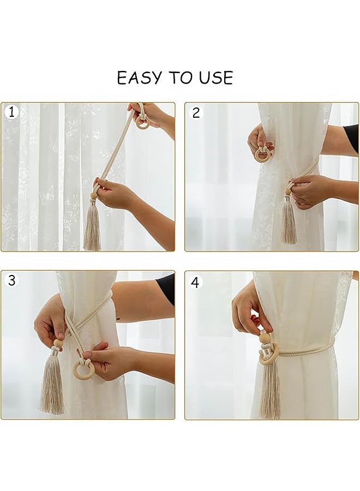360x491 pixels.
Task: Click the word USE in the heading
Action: click(x=217, y=77)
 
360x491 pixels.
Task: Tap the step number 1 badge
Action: click(x=11, y=112)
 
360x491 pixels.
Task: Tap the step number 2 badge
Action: click(x=196, y=113)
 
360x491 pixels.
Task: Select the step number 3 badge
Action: click(x=11, y=280)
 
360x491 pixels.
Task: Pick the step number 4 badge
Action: click(x=195, y=283)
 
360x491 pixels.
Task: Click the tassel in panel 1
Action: click(x=92, y=225)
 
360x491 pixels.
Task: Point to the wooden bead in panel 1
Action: click(x=93, y=196)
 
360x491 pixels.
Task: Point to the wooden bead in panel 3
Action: click(x=57, y=343)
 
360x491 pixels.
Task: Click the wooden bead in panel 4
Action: click(x=265, y=338)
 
